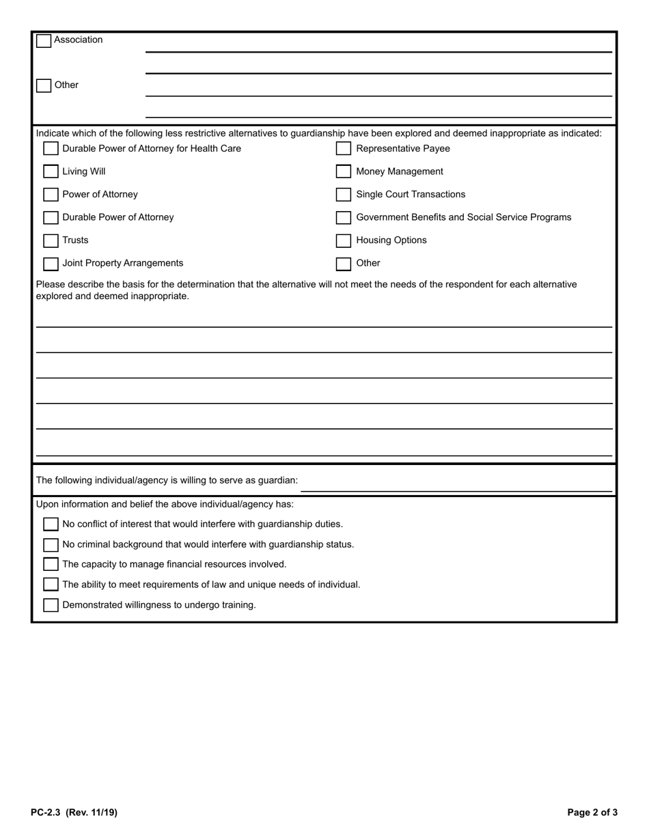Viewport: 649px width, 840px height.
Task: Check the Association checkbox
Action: click(44, 41)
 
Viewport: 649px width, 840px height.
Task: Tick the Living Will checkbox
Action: click(51, 172)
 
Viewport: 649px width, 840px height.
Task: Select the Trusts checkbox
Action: click(51, 241)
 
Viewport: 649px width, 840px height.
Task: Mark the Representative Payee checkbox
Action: click(344, 149)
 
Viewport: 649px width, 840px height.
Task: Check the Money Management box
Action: click(344, 172)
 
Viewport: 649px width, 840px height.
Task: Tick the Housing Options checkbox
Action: click(344, 241)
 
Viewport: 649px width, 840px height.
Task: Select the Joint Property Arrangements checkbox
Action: click(51, 264)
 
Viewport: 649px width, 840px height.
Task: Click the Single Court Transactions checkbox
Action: click(344, 195)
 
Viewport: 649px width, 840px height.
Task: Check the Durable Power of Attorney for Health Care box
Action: click(51, 149)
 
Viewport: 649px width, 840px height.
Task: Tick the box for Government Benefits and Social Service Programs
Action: click(344, 218)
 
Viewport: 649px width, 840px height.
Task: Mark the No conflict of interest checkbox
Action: click(51, 524)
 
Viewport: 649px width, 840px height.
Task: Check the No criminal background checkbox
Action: click(51, 545)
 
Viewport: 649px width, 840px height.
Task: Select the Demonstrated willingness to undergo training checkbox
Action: click(51, 605)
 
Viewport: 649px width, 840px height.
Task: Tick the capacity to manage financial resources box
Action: click(51, 565)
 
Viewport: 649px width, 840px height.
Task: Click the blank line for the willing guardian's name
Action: click(456, 484)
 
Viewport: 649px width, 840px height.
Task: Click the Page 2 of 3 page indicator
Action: click(592, 813)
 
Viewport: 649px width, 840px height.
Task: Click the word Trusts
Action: click(75, 240)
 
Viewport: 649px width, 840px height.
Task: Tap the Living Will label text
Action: click(84, 171)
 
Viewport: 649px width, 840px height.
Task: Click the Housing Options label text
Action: click(391, 240)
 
